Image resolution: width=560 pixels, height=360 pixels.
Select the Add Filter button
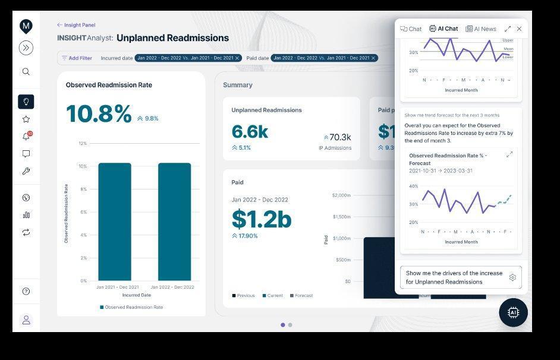(x=77, y=58)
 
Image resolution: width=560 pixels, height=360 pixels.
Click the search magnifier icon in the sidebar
(x=26, y=72)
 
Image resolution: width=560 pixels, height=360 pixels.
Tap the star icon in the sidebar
(x=26, y=119)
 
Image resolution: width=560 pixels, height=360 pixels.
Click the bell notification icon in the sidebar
(x=26, y=137)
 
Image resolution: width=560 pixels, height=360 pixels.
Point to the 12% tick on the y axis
(x=83, y=143)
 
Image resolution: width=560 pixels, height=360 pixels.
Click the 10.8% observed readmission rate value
(x=99, y=114)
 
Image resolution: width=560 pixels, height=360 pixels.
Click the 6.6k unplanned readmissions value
(x=250, y=132)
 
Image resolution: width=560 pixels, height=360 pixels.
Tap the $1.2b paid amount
(x=261, y=219)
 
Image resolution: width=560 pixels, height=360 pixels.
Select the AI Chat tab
(x=443, y=29)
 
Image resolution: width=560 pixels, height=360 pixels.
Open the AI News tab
(x=481, y=29)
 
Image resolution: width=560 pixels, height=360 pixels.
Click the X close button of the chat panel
(x=519, y=29)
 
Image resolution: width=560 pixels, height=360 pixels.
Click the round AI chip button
(x=513, y=312)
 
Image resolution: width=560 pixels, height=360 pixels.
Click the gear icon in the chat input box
(x=512, y=277)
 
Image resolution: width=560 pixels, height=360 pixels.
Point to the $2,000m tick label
(x=341, y=195)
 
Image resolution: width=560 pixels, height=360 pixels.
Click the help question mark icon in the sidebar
(x=26, y=291)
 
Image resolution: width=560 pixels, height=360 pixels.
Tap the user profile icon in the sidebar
(x=26, y=320)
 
